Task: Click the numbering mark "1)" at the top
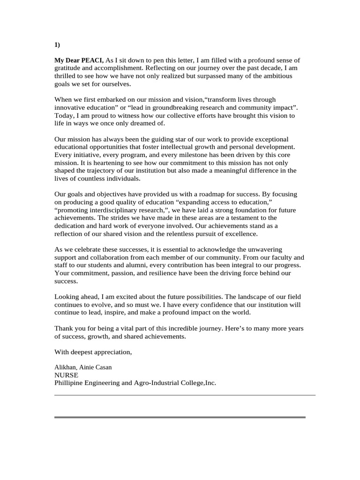[x=58, y=45]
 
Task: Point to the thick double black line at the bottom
[x=180, y=417]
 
